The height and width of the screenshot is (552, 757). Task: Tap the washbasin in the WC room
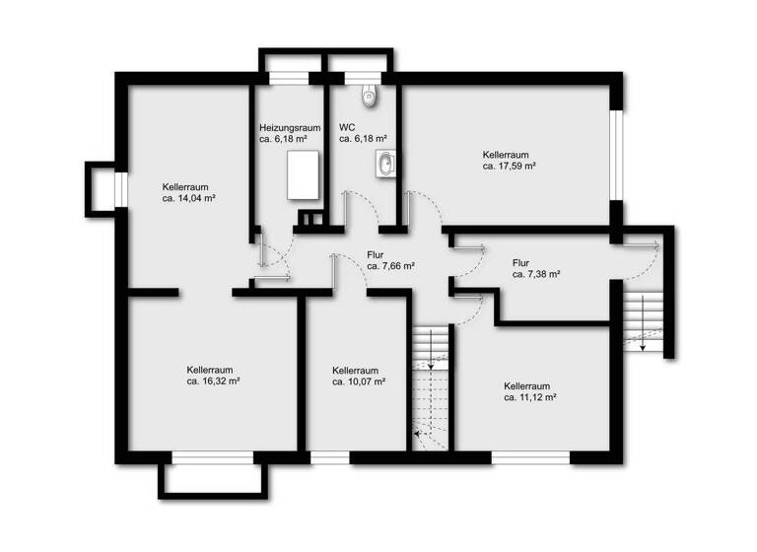tap(384, 165)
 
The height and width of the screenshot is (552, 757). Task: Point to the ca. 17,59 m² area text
tap(509, 168)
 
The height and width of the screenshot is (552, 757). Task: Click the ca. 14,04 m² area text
tap(189, 198)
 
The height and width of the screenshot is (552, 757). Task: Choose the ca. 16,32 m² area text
tap(214, 380)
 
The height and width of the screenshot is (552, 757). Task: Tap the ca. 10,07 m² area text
tap(358, 381)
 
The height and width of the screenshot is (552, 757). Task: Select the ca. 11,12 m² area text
tap(530, 398)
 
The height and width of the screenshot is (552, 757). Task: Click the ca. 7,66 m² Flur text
tap(390, 266)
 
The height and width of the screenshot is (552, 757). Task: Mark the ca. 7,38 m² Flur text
tap(536, 275)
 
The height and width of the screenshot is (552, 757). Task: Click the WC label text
tap(347, 128)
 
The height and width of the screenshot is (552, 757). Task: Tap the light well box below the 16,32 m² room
tap(212, 480)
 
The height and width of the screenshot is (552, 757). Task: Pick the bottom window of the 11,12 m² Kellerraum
tap(530, 457)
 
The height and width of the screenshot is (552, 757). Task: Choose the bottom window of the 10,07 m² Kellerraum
tap(329, 457)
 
